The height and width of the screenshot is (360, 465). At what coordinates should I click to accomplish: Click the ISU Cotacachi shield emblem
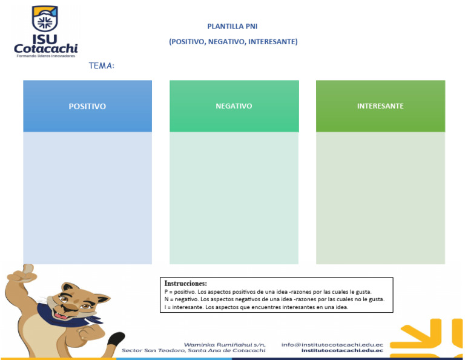tap(45, 18)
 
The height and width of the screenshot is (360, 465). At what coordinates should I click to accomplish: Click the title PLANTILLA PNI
tap(232, 27)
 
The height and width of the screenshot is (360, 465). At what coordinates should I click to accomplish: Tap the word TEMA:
tap(101, 65)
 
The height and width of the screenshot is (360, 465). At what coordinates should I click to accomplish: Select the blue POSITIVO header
tap(87, 106)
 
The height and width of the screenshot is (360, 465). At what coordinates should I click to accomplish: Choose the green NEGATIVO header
tap(234, 106)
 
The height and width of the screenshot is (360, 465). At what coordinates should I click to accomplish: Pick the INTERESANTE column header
tap(380, 106)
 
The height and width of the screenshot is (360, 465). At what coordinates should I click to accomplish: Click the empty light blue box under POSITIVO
tap(87, 198)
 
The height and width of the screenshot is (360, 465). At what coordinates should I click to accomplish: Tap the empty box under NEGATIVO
tap(234, 198)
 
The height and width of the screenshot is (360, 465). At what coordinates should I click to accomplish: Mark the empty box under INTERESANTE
tap(380, 198)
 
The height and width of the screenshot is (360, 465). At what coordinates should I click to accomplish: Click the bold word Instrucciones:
tap(186, 283)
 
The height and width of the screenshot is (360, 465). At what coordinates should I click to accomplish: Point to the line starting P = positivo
tap(268, 292)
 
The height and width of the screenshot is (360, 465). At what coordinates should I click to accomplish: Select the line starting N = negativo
tap(274, 299)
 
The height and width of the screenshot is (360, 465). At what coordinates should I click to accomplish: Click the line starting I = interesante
tap(256, 307)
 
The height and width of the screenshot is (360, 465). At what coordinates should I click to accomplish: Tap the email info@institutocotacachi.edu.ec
tap(332, 344)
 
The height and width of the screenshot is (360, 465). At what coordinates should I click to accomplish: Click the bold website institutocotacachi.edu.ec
tap(341, 351)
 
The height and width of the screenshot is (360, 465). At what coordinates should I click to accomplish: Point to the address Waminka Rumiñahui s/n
tap(225, 344)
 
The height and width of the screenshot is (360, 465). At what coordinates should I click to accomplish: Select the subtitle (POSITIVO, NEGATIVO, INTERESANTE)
tap(232, 42)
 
